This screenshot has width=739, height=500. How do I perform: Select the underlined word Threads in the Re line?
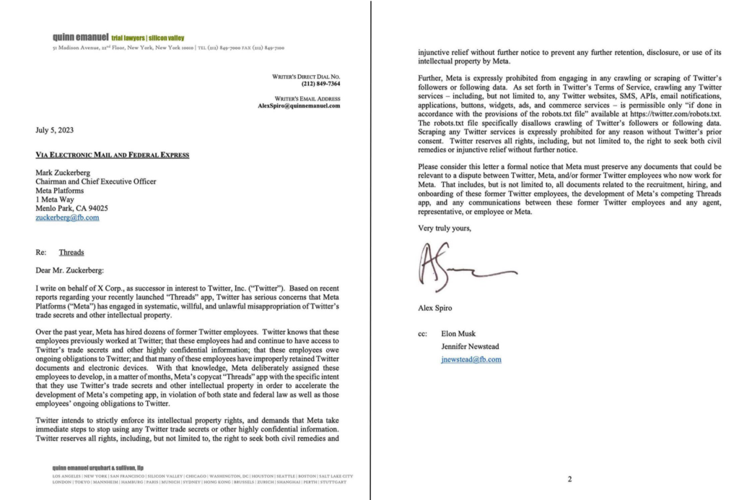(x=71, y=253)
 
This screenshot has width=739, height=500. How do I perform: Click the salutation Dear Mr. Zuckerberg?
(x=69, y=270)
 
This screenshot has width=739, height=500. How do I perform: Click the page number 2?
(x=569, y=479)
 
